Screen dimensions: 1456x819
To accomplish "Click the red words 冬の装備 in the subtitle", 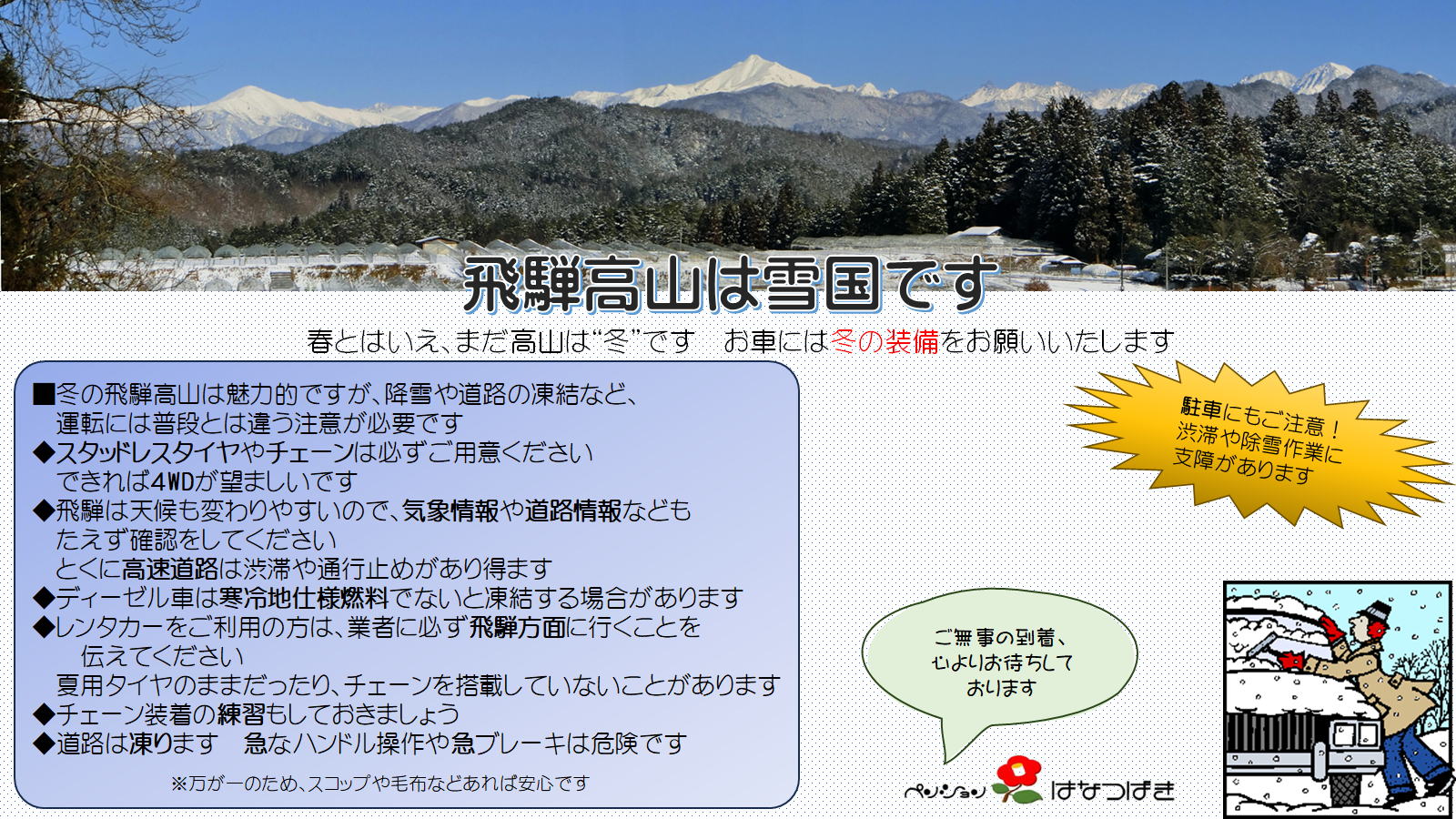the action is tap(885, 341).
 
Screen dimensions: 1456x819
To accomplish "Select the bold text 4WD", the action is tap(172, 481).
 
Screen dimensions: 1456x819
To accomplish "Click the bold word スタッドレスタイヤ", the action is tap(147, 452).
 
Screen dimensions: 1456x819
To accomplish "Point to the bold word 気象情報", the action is tap(450, 511).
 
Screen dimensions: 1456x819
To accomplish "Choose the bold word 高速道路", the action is tap(169, 569).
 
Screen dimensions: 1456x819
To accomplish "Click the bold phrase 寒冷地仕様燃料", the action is tap(304, 597).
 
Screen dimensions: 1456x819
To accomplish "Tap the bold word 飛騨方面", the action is tap(518, 627).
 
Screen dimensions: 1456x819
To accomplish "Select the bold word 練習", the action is tap(241, 714).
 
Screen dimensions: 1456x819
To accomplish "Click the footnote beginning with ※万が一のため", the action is tap(380, 784).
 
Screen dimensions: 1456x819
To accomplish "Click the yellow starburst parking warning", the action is tap(1259, 441).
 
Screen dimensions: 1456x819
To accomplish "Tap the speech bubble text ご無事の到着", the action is tap(1000, 638).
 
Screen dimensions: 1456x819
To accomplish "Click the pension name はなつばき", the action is tap(1113, 790).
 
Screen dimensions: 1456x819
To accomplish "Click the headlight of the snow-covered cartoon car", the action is tap(1355, 734).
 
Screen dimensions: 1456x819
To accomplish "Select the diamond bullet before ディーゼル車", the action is tap(43, 597).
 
